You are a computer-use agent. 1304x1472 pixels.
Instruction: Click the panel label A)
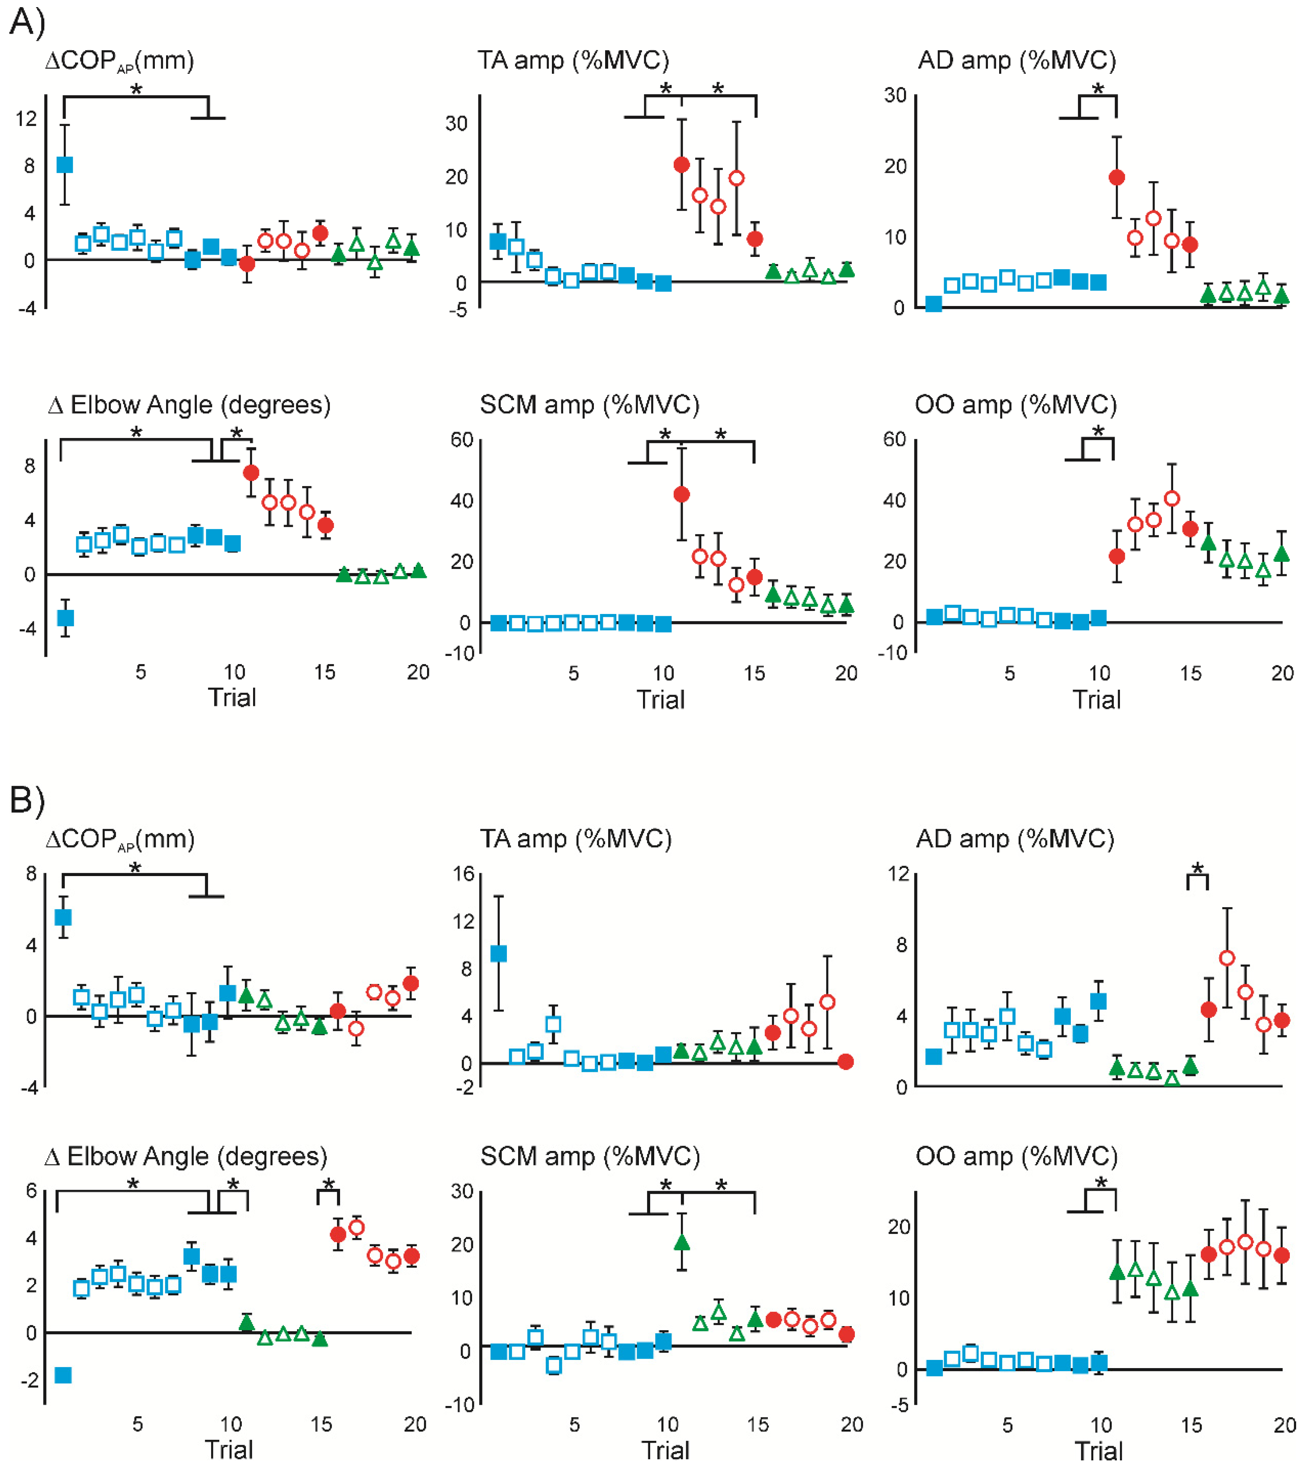(x=27, y=22)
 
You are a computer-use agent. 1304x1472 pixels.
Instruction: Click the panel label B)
(x=27, y=800)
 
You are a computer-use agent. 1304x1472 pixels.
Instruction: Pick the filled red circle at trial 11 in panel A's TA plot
(x=681, y=165)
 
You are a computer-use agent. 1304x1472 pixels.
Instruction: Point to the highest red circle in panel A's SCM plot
(x=681, y=494)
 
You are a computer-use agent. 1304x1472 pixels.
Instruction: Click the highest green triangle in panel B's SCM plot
(x=681, y=1242)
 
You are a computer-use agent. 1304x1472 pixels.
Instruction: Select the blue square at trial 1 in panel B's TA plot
(x=498, y=953)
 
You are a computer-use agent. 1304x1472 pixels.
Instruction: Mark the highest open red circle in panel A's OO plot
(x=1172, y=498)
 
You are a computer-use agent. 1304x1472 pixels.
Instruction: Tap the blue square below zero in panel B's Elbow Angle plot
(x=63, y=1376)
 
